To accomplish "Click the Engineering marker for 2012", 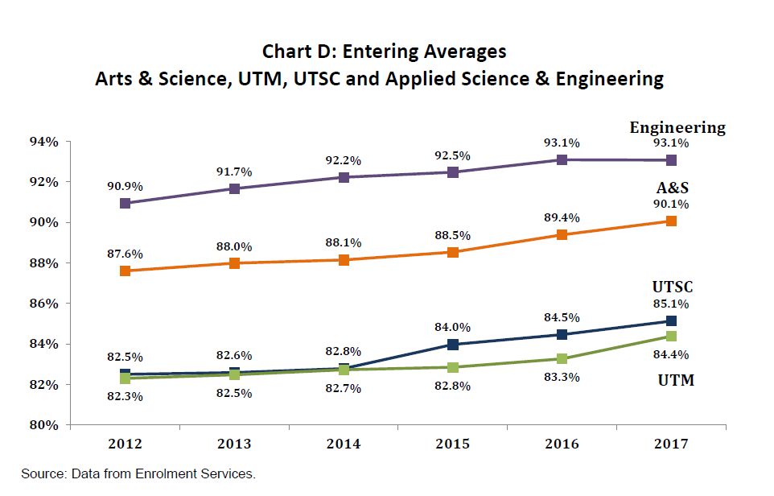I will (125, 203).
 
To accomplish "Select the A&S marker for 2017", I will (670, 221).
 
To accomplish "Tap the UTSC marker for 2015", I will (453, 345).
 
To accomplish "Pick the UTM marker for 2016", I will (562, 358).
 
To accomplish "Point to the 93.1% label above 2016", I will (562, 143).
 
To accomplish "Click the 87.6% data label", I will (125, 254).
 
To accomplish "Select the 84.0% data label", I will (453, 327).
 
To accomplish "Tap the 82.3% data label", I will (125, 396).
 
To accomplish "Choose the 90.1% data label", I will (671, 204).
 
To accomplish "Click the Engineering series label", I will (677, 127).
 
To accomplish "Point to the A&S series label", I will (673, 188).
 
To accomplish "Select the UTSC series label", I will (673, 287).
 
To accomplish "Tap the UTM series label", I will (673, 380).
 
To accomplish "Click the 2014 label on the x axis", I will (344, 444).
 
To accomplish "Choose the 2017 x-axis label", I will (671, 444).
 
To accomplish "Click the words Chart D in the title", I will (295, 52).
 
